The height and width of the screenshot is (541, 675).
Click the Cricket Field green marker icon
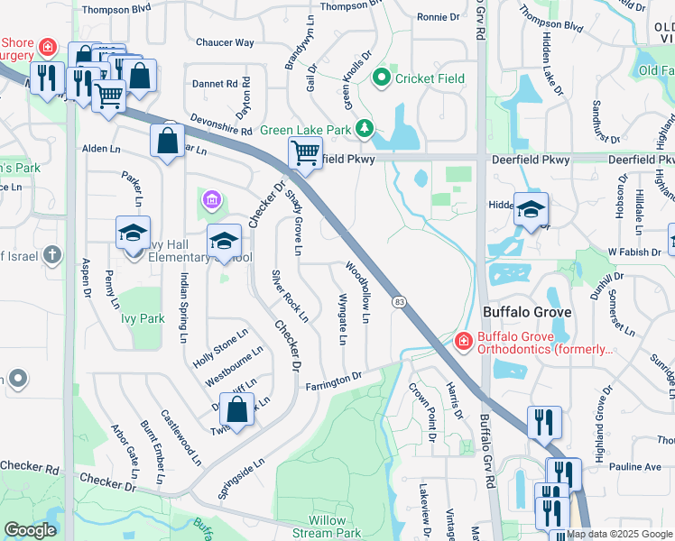click(382, 78)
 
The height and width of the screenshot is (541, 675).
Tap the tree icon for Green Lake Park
click(365, 130)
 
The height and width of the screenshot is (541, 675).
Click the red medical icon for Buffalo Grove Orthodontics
click(463, 341)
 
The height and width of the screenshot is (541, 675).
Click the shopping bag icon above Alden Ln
click(169, 141)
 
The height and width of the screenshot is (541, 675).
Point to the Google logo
click(31, 530)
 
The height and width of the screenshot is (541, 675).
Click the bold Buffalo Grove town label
click(527, 312)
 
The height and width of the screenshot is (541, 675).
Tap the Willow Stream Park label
click(328, 527)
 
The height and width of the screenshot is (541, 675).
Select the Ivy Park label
click(140, 318)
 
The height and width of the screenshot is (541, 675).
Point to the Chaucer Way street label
click(225, 42)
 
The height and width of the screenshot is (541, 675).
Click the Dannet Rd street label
click(215, 84)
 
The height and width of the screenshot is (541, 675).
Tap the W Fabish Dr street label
click(633, 252)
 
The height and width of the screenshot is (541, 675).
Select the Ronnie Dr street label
click(439, 17)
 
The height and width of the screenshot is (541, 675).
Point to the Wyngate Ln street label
click(342, 319)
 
